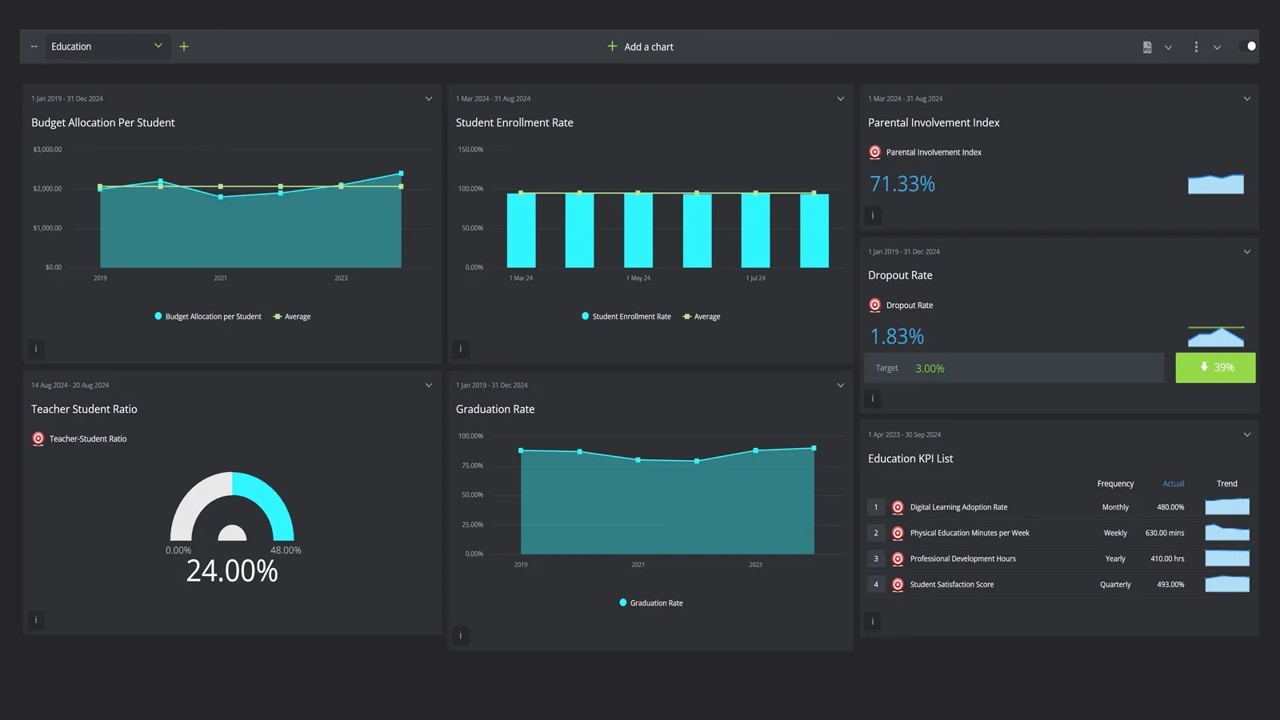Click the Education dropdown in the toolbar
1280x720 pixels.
click(106, 46)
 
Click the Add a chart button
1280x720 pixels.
click(640, 46)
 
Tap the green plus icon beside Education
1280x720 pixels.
click(184, 46)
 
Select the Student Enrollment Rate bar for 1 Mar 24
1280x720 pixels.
click(521, 230)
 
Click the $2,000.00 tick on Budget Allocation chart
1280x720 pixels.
click(47, 189)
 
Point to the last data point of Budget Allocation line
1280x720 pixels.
click(401, 173)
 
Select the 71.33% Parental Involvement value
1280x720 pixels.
click(902, 184)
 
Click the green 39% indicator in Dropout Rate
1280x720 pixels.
click(1214, 367)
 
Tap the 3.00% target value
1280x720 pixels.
click(930, 369)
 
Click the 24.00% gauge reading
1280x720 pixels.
click(232, 571)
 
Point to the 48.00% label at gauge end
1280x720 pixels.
click(286, 550)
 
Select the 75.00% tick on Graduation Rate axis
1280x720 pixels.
click(472, 466)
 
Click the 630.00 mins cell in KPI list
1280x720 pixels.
click(1164, 533)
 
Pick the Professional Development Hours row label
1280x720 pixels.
click(962, 558)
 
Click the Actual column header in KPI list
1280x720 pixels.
click(1173, 484)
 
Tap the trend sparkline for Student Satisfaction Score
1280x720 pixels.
click(1226, 584)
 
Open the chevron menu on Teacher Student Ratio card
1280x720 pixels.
click(429, 386)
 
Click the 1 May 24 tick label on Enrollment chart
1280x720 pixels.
click(638, 278)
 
